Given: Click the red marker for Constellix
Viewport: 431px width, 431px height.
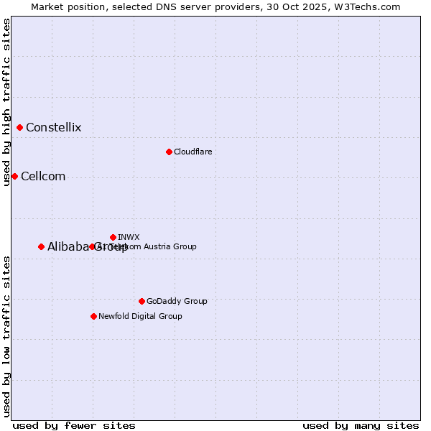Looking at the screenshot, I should pyautogui.click(x=20, y=128).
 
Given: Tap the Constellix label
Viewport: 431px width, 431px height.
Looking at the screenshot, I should pyautogui.click(x=54, y=128).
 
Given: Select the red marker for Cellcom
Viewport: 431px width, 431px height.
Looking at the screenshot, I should pyautogui.click(x=14, y=177).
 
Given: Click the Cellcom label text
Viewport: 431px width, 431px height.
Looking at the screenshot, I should pyautogui.click(x=43, y=177).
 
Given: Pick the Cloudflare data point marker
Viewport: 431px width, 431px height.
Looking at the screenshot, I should pyautogui.click(x=169, y=152).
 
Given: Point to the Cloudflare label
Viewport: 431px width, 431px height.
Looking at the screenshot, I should pyautogui.click(x=193, y=152).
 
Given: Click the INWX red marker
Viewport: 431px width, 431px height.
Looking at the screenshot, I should pyautogui.click(x=113, y=237).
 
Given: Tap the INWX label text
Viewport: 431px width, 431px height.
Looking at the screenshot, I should pyautogui.click(x=129, y=237).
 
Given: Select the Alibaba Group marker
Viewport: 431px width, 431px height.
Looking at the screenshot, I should pyautogui.click(x=42, y=246).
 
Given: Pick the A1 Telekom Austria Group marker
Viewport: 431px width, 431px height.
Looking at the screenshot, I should pyautogui.click(x=92, y=246).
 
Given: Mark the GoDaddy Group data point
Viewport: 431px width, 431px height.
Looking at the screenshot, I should pyautogui.click(x=142, y=301).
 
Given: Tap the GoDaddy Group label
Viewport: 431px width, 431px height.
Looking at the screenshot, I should pyautogui.click(x=177, y=301).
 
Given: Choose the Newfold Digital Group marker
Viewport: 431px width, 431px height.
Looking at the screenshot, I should pyautogui.click(x=93, y=316).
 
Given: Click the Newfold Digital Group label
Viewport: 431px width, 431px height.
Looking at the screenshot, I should pyautogui.click(x=140, y=316).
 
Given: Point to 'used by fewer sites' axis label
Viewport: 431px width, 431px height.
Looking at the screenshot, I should pyautogui.click(x=74, y=425).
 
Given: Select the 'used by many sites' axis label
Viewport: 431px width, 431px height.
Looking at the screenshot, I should pyautogui.click(x=361, y=425).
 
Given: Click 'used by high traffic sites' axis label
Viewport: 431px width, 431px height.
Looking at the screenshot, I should pyautogui.click(x=6, y=102).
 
